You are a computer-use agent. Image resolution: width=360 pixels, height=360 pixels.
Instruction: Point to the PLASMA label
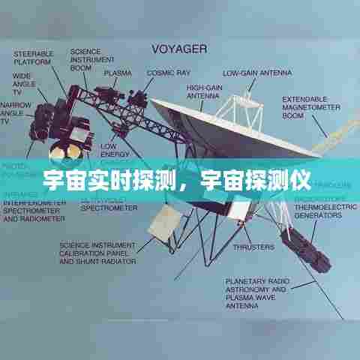point(118,73)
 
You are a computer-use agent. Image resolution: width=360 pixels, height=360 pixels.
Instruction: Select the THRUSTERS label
point(253,246)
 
